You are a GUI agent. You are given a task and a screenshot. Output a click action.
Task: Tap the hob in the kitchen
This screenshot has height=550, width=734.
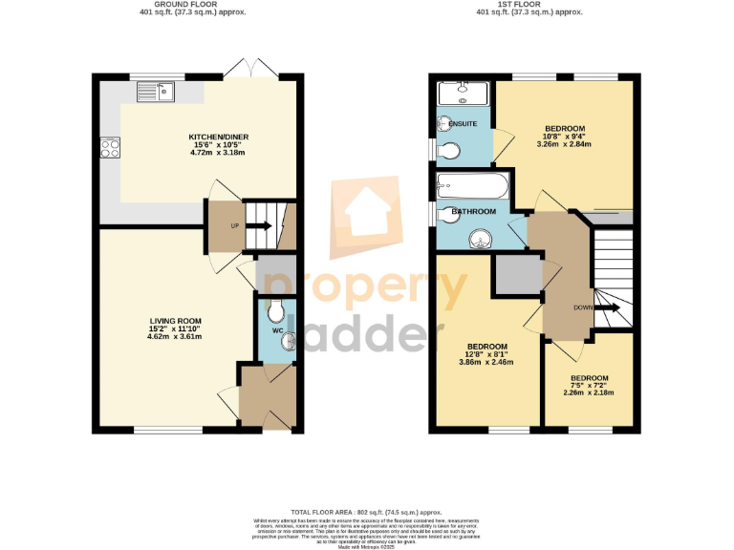pyautogui.click(x=109, y=149)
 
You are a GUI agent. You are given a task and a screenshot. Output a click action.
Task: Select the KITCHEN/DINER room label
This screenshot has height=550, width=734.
pyautogui.click(x=218, y=137)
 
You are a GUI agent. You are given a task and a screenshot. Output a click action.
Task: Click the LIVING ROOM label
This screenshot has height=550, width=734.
pyautogui.click(x=174, y=321)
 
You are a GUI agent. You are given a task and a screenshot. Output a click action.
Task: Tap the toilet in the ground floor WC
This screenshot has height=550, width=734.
pyautogui.click(x=276, y=310)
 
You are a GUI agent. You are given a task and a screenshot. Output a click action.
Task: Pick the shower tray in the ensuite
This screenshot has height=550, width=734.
pyautogui.click(x=464, y=94)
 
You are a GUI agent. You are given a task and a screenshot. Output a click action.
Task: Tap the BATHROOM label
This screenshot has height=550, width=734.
pyautogui.click(x=473, y=211)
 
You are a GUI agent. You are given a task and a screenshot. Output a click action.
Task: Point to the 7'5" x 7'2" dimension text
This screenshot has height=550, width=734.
pyautogui.click(x=589, y=386)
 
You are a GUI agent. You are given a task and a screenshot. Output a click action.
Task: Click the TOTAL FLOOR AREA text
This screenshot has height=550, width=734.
pyautogui.click(x=366, y=513)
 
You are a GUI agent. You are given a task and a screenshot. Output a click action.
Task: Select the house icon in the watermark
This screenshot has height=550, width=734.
pyautogui.click(x=366, y=213)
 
